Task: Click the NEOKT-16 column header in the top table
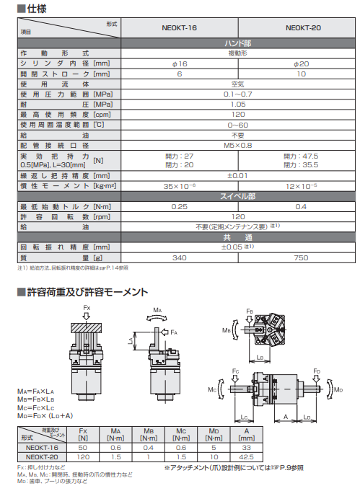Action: [x=180, y=29]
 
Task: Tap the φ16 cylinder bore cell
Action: [x=180, y=63]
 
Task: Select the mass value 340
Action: [x=180, y=257]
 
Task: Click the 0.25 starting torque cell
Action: [x=180, y=206]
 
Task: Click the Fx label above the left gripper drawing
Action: [x=87, y=308]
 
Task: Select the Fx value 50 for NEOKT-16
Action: [x=82, y=448]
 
